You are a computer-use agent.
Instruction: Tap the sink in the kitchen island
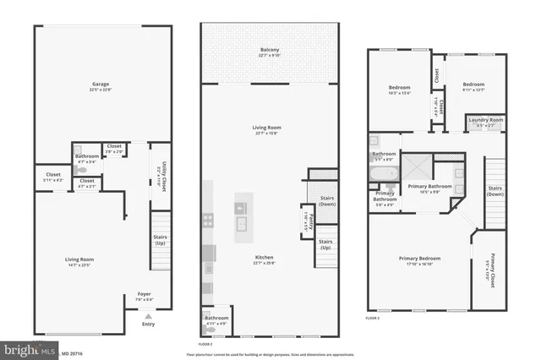pyautogui.click(x=241, y=223)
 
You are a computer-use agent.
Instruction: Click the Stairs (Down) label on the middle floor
pyautogui.click(x=326, y=204)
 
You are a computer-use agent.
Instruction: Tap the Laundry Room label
pyautogui.click(x=485, y=122)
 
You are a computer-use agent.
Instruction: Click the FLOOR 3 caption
pyautogui.click(x=373, y=319)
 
